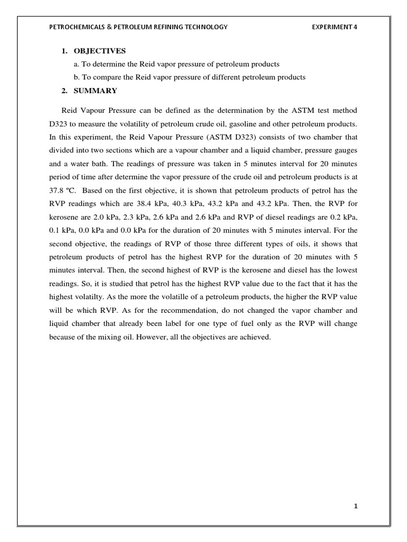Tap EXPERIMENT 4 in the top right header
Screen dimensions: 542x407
click(335, 28)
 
